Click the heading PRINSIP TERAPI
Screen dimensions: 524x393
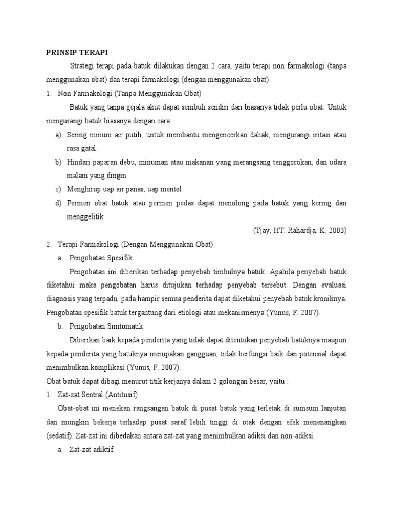click(x=77, y=52)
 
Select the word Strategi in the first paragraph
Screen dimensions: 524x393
click(x=82, y=66)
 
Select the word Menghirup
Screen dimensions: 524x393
click(x=83, y=189)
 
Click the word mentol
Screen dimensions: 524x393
click(x=170, y=189)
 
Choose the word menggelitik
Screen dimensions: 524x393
click(x=85, y=216)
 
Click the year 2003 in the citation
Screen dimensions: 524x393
click(x=337, y=230)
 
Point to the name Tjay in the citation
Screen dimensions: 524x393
click(x=264, y=230)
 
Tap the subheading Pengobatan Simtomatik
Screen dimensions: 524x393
click(x=106, y=326)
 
